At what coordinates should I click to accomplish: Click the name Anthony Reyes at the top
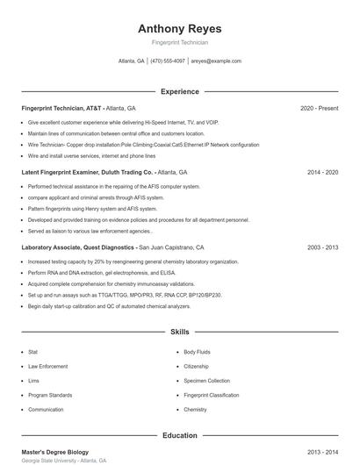click(180, 28)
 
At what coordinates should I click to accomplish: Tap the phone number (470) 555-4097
click(168, 61)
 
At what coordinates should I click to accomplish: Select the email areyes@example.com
click(216, 61)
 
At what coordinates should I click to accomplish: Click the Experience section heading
click(180, 91)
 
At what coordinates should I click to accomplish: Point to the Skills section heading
click(180, 333)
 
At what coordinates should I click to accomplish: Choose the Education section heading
click(180, 435)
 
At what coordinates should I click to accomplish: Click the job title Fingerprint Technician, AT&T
click(61, 108)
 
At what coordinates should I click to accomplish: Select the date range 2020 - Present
click(319, 108)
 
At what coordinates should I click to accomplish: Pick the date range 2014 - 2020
click(322, 173)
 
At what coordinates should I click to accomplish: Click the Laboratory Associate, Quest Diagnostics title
click(79, 247)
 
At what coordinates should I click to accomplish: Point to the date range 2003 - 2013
click(322, 247)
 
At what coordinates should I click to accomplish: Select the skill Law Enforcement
click(47, 366)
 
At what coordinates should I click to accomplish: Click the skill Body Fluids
click(197, 352)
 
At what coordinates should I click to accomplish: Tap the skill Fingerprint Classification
click(211, 395)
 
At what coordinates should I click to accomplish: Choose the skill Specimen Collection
click(206, 381)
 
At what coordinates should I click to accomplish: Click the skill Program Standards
click(50, 395)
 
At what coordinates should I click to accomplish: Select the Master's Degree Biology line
click(54, 452)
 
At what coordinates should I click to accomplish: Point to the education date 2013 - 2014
click(322, 452)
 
